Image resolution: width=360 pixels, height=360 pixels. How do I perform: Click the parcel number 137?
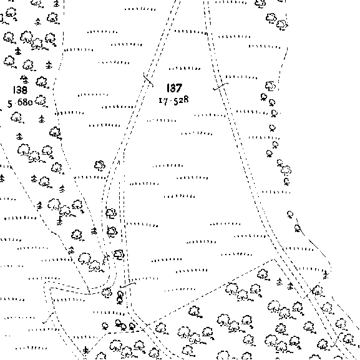pos(174,88)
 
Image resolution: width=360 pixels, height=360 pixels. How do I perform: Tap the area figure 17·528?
pos(174,100)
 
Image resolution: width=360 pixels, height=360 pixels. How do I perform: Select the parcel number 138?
pos(20,90)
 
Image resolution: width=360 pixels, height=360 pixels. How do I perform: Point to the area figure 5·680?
pos(20,102)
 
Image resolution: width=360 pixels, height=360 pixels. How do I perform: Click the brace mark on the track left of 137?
pos(148,79)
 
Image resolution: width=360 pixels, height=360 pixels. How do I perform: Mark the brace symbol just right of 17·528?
pos(220,86)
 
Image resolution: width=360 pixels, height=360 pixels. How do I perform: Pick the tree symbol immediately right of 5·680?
pos(41,100)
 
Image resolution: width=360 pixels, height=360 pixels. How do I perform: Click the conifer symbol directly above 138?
pos(24,79)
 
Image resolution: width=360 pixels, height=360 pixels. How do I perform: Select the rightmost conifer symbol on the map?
pos(325,275)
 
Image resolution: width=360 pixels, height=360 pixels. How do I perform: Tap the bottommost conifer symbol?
pos(85,351)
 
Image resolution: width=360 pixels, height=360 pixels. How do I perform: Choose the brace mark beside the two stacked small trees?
pos(128,285)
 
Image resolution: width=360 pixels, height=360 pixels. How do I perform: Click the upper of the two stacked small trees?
pos(120,294)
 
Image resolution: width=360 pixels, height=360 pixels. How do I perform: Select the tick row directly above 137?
pos(184,69)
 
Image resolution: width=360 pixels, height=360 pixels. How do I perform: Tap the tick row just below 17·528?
pos(162,120)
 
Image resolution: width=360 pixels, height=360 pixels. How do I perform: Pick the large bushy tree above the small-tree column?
pos(270,85)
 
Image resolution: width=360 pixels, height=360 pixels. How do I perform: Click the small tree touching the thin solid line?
pos(298,228)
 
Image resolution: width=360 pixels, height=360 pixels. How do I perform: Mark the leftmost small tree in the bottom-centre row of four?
pos(105,326)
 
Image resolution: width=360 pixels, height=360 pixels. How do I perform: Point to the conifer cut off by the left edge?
pos(2,178)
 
